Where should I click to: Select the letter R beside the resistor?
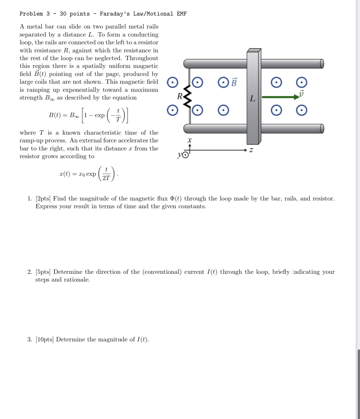(x=180, y=96)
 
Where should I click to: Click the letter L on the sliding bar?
(x=252, y=99)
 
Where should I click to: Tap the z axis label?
(x=251, y=150)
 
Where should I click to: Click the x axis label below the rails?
(x=189, y=141)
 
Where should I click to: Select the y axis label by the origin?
(x=180, y=155)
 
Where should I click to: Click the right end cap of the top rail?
(x=322, y=64)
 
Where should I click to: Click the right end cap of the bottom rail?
(x=322, y=129)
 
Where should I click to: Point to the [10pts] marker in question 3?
(x=45, y=339)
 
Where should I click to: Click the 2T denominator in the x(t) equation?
(x=106, y=178)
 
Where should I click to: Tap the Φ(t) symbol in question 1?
(x=176, y=198)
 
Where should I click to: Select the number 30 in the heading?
(x=63, y=14)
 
